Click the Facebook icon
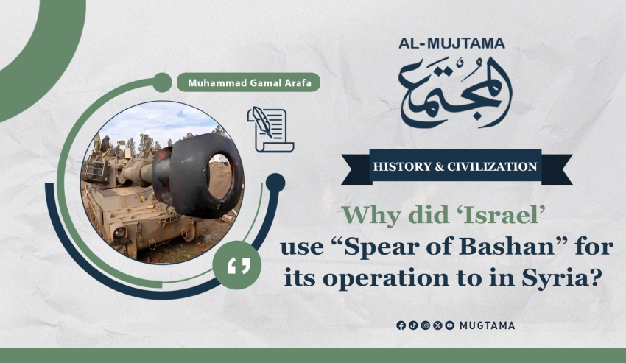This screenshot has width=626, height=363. (401, 325)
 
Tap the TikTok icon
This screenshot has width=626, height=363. (413, 325)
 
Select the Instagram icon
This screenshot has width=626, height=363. (426, 325)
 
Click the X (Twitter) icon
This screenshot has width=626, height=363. (437, 325)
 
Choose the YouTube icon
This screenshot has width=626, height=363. (449, 325)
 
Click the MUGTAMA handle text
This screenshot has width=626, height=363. (487, 325)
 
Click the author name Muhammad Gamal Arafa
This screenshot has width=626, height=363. (249, 83)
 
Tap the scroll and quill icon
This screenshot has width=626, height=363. (271, 130)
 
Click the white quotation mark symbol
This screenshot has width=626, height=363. (239, 266)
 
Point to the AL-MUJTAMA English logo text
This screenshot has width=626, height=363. (451, 43)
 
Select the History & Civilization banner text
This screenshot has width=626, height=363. (455, 166)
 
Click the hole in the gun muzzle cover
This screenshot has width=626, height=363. (219, 177)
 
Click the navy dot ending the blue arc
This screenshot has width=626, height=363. (275, 183)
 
